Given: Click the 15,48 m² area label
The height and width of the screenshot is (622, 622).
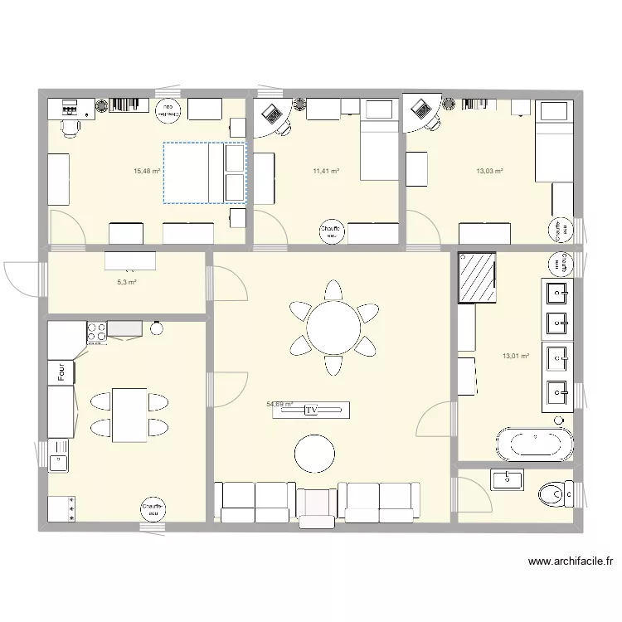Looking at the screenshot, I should (x=146, y=172).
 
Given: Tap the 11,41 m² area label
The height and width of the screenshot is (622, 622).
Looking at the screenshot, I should (x=326, y=172).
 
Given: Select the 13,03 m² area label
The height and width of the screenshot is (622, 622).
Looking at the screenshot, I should (x=489, y=172).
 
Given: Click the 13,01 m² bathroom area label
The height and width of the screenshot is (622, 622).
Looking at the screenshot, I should (x=515, y=357).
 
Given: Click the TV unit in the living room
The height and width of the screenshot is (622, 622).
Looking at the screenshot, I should (x=311, y=410).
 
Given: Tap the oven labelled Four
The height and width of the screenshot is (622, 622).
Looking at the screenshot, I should (x=61, y=373).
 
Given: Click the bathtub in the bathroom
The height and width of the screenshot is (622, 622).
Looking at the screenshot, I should (x=534, y=443).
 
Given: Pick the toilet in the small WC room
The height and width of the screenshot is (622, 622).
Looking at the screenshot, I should (x=554, y=495).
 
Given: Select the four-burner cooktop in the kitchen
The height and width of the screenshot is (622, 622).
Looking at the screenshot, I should (x=96, y=332).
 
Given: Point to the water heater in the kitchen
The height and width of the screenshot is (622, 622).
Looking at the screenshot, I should (x=152, y=508).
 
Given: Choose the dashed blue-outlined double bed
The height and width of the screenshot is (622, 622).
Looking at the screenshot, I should (x=205, y=173).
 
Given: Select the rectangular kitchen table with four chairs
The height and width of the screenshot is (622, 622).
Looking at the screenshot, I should (x=129, y=415).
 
